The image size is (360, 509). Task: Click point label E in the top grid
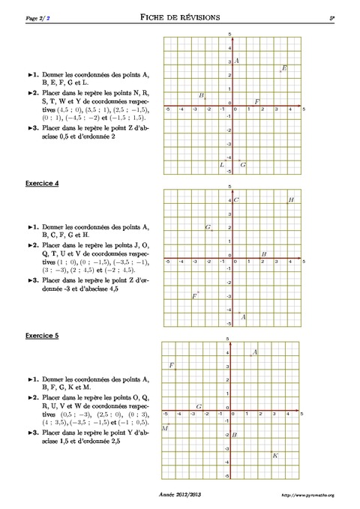pyautogui.click(x=284, y=68)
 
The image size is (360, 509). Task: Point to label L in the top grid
pyautogui.click(x=221, y=164)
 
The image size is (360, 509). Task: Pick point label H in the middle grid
pyautogui.click(x=291, y=200)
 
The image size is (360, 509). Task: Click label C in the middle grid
pyautogui.click(x=236, y=200)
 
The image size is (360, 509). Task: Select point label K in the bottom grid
pyautogui.click(x=275, y=455)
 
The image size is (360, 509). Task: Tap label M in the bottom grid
pyautogui.click(x=165, y=428)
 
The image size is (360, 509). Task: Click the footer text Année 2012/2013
pyautogui.click(x=180, y=496)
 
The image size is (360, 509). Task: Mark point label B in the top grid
pyautogui.click(x=202, y=95)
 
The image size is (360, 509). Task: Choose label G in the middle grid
pyautogui.click(x=208, y=226)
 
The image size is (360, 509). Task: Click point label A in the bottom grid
pyautogui.click(x=255, y=352)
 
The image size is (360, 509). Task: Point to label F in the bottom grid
pyautogui.click(x=172, y=365)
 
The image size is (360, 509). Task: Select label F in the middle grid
pyautogui.click(x=194, y=297)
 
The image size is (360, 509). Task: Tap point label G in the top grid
pyautogui.click(x=243, y=164)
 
